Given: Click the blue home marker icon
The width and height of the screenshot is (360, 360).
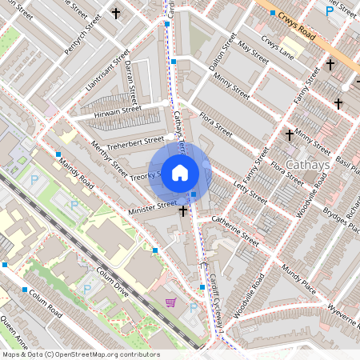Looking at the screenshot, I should click(180, 172).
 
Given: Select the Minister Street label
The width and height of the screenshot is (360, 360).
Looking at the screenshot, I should click(152, 206).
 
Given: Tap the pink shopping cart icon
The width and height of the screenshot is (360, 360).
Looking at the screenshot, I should click(170, 302).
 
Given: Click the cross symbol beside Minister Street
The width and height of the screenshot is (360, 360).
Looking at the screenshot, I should click(184, 210).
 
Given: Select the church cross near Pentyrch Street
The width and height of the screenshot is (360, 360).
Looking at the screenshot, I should click(116, 13).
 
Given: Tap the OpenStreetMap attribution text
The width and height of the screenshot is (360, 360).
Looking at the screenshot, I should click(81, 354).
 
